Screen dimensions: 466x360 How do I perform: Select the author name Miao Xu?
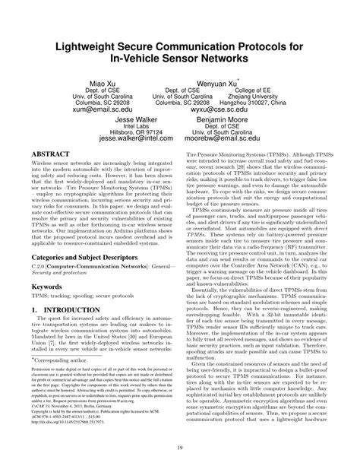coord(104,81)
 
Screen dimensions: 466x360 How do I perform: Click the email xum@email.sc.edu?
coord(104,109)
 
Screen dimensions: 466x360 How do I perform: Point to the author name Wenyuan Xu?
coord(216,81)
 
